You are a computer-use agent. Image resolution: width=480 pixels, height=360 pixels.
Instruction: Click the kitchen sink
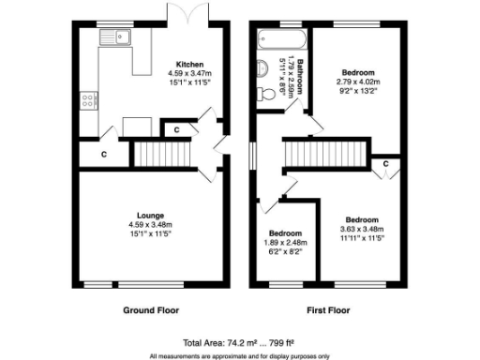pyautogui.click(x=119, y=38)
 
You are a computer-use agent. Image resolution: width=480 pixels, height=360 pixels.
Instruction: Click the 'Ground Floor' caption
pyautogui.click(x=151, y=309)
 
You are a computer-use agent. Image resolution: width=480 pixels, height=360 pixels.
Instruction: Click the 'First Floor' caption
pyautogui.click(x=329, y=309)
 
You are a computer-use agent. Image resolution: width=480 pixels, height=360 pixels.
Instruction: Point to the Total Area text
pyautogui.click(x=241, y=342)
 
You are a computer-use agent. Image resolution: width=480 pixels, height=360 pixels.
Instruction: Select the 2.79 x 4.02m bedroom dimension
pyautogui.click(x=357, y=82)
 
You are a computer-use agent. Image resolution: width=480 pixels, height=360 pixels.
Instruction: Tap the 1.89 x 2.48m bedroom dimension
pyautogui.click(x=285, y=242)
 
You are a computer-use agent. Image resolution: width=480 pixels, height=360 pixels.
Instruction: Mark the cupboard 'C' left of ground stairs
pyautogui.click(x=104, y=154)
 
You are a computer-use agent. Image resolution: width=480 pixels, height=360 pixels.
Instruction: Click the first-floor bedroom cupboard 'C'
pyautogui.click(x=386, y=165)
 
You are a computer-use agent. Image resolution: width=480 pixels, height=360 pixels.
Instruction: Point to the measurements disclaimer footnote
pyautogui.click(x=241, y=355)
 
